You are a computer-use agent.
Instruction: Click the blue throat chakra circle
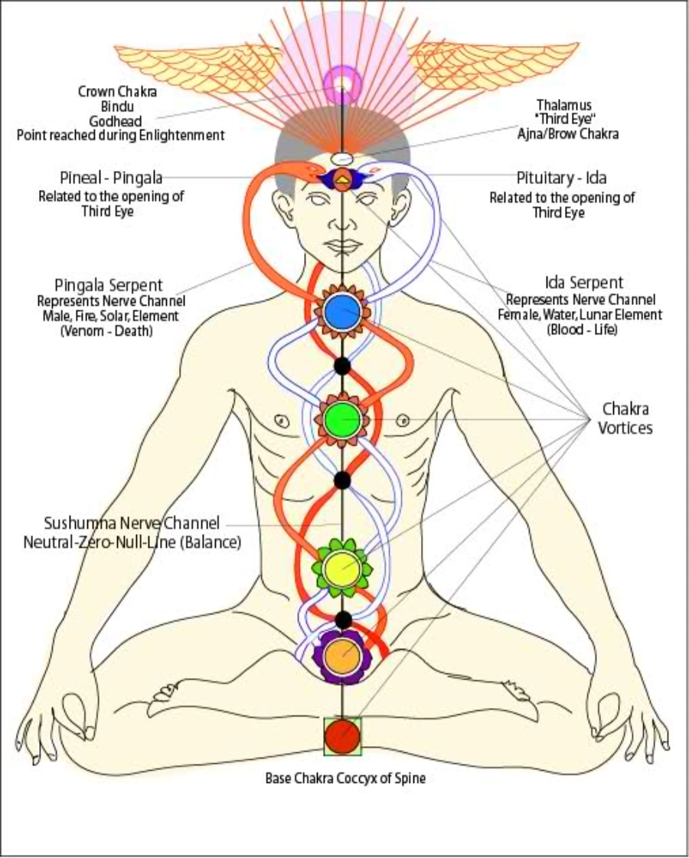point(342,311)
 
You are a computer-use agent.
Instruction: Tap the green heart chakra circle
point(342,418)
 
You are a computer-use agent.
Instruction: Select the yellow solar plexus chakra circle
point(341,568)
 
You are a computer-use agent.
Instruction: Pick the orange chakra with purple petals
point(341,656)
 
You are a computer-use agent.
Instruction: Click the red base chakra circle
point(342,735)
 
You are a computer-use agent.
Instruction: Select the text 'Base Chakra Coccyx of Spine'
point(344,778)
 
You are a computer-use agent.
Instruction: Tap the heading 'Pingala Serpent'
point(113,285)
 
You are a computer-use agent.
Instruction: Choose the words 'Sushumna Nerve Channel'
point(132,524)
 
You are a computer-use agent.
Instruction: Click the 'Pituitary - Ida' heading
point(562,178)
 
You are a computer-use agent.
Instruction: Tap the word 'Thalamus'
point(564,105)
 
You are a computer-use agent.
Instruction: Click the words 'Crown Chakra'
point(117,91)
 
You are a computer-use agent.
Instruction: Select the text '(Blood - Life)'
point(583,329)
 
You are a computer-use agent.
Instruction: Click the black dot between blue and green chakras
point(342,365)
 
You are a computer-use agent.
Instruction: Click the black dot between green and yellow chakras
point(342,480)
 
